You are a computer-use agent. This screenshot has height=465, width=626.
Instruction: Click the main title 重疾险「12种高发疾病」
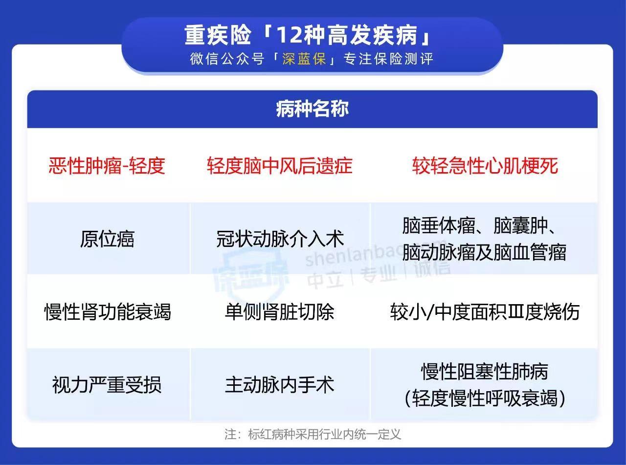(x=308, y=35)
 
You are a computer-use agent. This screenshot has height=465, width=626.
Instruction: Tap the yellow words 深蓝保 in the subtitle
(x=304, y=59)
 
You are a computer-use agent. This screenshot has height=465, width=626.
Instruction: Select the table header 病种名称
(x=313, y=109)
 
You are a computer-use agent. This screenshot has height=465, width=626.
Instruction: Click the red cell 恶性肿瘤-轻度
(x=107, y=166)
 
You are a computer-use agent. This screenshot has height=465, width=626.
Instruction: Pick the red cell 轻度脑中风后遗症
(x=280, y=166)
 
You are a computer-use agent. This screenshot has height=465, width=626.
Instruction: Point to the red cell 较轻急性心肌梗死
(x=485, y=166)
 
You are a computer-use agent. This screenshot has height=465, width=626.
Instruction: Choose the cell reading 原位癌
(x=107, y=239)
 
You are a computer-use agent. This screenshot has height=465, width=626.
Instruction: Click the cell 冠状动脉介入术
(x=280, y=239)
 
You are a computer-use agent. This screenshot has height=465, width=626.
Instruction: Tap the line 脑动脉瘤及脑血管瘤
(x=484, y=252)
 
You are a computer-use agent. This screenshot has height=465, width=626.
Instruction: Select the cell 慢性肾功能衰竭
(x=108, y=312)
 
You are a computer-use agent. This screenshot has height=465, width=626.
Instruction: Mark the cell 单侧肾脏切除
(x=279, y=312)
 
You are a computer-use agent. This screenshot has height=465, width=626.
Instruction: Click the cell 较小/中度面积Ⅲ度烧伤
(x=485, y=312)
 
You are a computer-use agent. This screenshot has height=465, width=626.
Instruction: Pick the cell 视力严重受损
(x=107, y=385)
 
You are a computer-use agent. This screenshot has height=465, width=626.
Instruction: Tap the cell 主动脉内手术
(x=279, y=385)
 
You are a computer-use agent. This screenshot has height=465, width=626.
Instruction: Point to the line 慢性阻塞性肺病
(x=485, y=371)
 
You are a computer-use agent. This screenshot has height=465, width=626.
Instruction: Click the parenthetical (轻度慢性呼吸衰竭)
(x=485, y=398)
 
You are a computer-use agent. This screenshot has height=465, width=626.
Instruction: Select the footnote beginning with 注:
(x=313, y=435)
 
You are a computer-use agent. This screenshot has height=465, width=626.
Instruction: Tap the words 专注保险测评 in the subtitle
(x=388, y=59)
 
